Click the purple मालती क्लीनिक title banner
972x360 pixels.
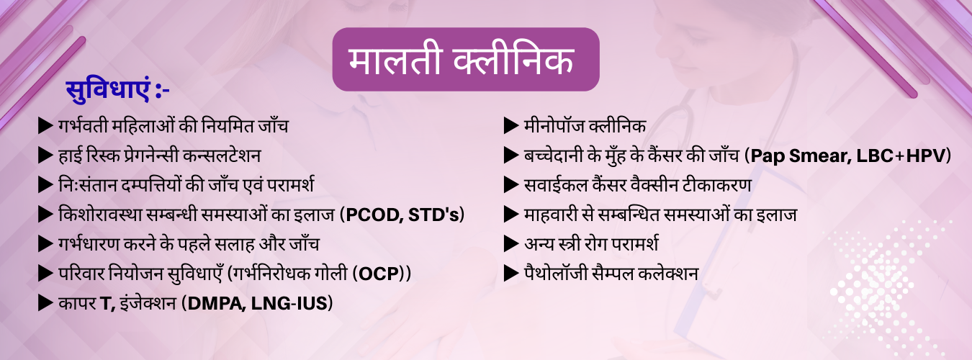465,60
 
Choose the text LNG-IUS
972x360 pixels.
292,303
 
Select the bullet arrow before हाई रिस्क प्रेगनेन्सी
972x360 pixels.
45,156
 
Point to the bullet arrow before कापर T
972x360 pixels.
45,303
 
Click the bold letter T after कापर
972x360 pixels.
104,303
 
